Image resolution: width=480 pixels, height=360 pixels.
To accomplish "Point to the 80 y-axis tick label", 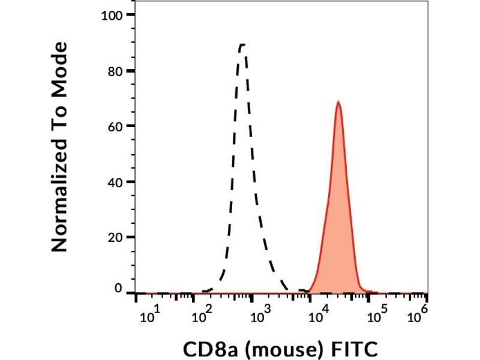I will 116,71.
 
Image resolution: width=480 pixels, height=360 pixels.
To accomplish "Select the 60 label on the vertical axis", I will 116,126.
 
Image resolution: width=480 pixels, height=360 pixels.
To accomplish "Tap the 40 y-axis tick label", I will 116,182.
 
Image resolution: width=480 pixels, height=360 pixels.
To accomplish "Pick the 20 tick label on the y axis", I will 116,237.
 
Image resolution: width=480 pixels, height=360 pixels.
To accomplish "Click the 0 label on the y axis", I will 119,289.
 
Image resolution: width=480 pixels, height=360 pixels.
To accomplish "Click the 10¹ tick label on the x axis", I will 150,316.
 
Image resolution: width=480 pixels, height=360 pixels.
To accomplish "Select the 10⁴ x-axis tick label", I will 316,316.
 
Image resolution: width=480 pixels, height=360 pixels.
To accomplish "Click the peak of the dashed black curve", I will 242,44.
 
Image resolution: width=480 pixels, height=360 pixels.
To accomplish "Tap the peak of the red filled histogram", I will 338,102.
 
